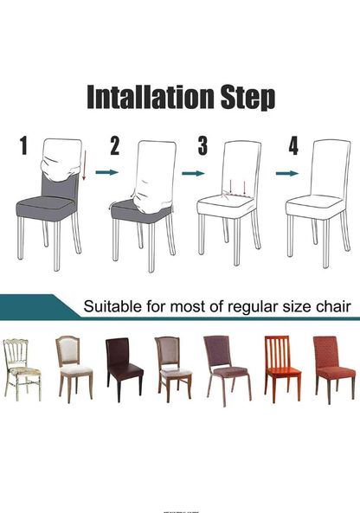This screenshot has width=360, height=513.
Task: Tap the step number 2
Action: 115,145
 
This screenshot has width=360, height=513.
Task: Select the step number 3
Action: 202,145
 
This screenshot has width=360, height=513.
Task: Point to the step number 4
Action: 292,145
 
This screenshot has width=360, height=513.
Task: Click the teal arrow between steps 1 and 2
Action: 106,173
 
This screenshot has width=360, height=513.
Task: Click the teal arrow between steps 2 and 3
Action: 195,173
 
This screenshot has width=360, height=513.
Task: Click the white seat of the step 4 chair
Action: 316,206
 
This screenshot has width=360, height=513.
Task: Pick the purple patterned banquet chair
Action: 227,368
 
